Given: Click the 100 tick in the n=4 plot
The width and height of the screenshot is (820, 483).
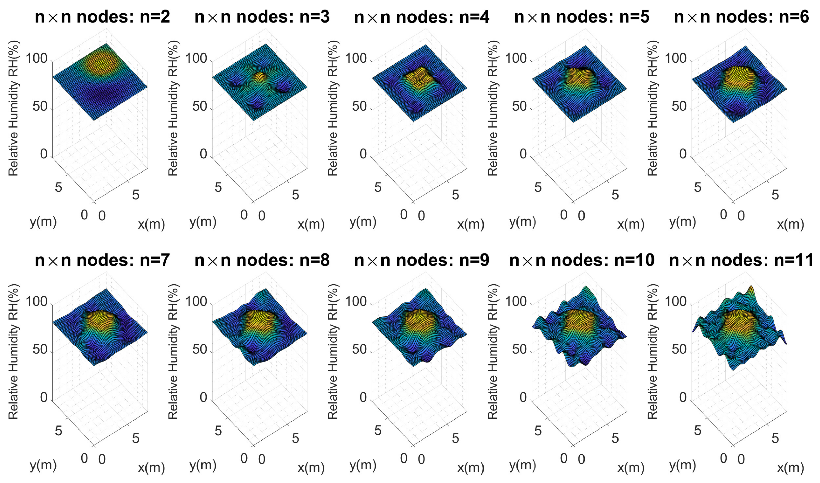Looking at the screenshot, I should [x=358, y=59].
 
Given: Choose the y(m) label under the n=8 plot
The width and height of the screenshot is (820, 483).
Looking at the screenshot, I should [x=203, y=465].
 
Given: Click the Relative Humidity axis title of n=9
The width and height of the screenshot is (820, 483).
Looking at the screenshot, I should [x=333, y=352].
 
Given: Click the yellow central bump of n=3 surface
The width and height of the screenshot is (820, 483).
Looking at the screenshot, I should [x=260, y=78].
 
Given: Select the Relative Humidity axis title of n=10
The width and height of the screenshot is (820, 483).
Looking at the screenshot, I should [x=492, y=352].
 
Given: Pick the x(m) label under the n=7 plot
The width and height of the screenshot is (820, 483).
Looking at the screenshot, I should [x=151, y=468].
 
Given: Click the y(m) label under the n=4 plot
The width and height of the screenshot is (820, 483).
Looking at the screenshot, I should [x=363, y=222].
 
